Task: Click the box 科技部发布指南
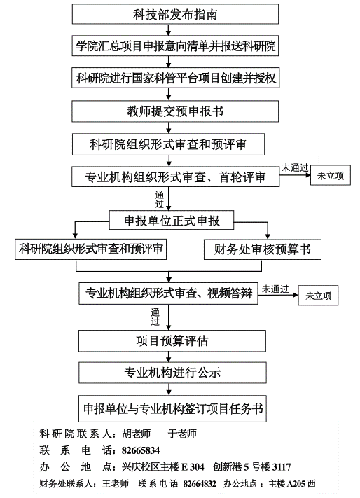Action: tap(175, 14)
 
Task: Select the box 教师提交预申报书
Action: tap(175, 111)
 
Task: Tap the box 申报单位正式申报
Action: tap(172, 220)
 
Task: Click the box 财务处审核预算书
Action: tap(262, 249)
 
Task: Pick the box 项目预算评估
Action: tap(172, 341)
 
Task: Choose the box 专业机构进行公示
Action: tap(172, 373)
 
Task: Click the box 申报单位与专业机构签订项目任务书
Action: tap(172, 408)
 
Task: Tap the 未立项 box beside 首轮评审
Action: tap(331, 175)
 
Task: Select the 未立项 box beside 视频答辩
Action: tap(318, 296)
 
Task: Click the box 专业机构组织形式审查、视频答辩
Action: tap(168, 293)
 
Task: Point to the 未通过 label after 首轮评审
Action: tap(295, 167)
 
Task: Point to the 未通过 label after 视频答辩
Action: tap(275, 289)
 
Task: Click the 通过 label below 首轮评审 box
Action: tap(160, 199)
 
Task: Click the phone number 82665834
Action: tap(141, 450)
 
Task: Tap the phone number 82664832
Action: tap(200, 484)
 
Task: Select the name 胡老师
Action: tap(136, 434)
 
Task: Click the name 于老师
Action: tap(182, 434)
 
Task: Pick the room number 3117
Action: tap(282, 467)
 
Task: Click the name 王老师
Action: tap(116, 484)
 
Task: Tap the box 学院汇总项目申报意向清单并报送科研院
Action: tap(175, 46)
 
